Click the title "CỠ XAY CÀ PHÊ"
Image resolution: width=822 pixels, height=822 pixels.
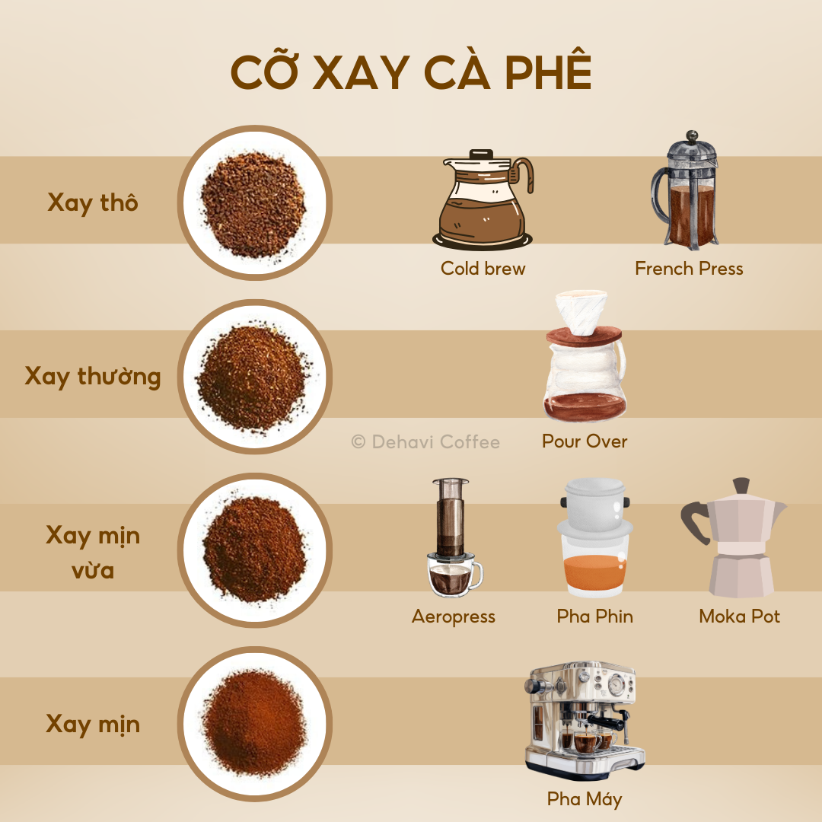(411, 74)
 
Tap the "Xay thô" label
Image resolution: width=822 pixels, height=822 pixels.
(93, 203)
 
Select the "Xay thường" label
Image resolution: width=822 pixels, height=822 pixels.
(93, 377)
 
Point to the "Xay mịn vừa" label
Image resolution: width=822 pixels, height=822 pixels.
(93, 551)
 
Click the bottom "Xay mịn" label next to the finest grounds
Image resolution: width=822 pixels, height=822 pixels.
(93, 724)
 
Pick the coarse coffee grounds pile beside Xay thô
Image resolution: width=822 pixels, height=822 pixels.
(254, 203)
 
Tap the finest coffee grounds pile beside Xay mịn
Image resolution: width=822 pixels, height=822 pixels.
(254, 724)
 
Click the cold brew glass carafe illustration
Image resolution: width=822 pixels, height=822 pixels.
(483, 202)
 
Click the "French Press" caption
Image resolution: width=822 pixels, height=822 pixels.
(689, 269)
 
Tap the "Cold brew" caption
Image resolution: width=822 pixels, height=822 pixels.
(483, 269)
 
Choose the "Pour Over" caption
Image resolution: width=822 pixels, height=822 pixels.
(585, 441)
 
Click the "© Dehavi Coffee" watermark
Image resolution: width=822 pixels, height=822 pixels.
(425, 441)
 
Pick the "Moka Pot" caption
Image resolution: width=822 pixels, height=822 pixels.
(739, 616)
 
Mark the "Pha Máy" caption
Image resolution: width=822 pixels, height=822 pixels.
(585, 799)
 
